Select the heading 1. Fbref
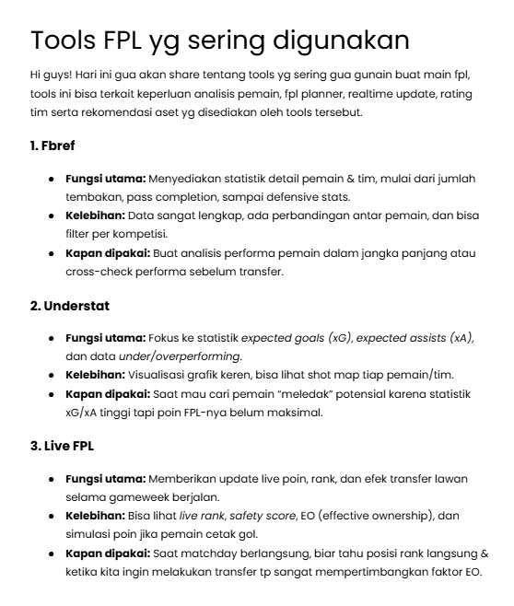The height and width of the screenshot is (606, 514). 53,146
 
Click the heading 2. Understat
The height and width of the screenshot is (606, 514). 70,305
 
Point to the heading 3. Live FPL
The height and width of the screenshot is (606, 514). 63,446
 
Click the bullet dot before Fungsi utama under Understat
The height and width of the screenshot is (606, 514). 52,337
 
